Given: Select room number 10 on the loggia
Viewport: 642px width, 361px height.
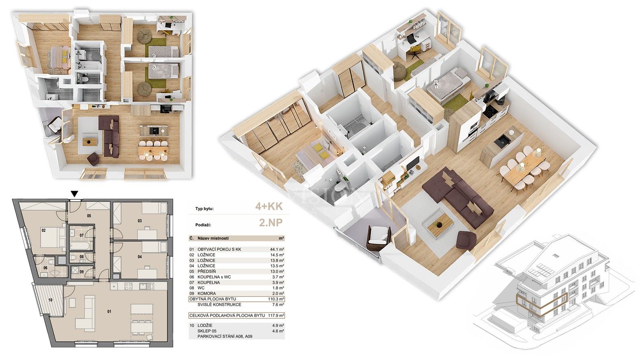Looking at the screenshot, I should click(x=51, y=300).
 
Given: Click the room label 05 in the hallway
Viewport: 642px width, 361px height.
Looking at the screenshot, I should click(x=89, y=216).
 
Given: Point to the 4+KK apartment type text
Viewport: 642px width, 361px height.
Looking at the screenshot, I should click(x=269, y=207).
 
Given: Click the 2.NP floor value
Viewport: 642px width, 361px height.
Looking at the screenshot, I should click(x=270, y=223).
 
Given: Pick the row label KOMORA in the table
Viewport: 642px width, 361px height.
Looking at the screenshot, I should click(x=206, y=293).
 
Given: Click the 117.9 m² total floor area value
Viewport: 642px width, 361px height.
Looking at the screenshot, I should click(x=276, y=315).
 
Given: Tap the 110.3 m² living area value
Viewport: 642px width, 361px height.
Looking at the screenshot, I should click(x=276, y=299).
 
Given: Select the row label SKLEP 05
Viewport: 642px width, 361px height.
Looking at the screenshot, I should click(x=207, y=331).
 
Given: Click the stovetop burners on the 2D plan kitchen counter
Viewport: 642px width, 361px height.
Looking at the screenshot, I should click(x=128, y=286).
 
